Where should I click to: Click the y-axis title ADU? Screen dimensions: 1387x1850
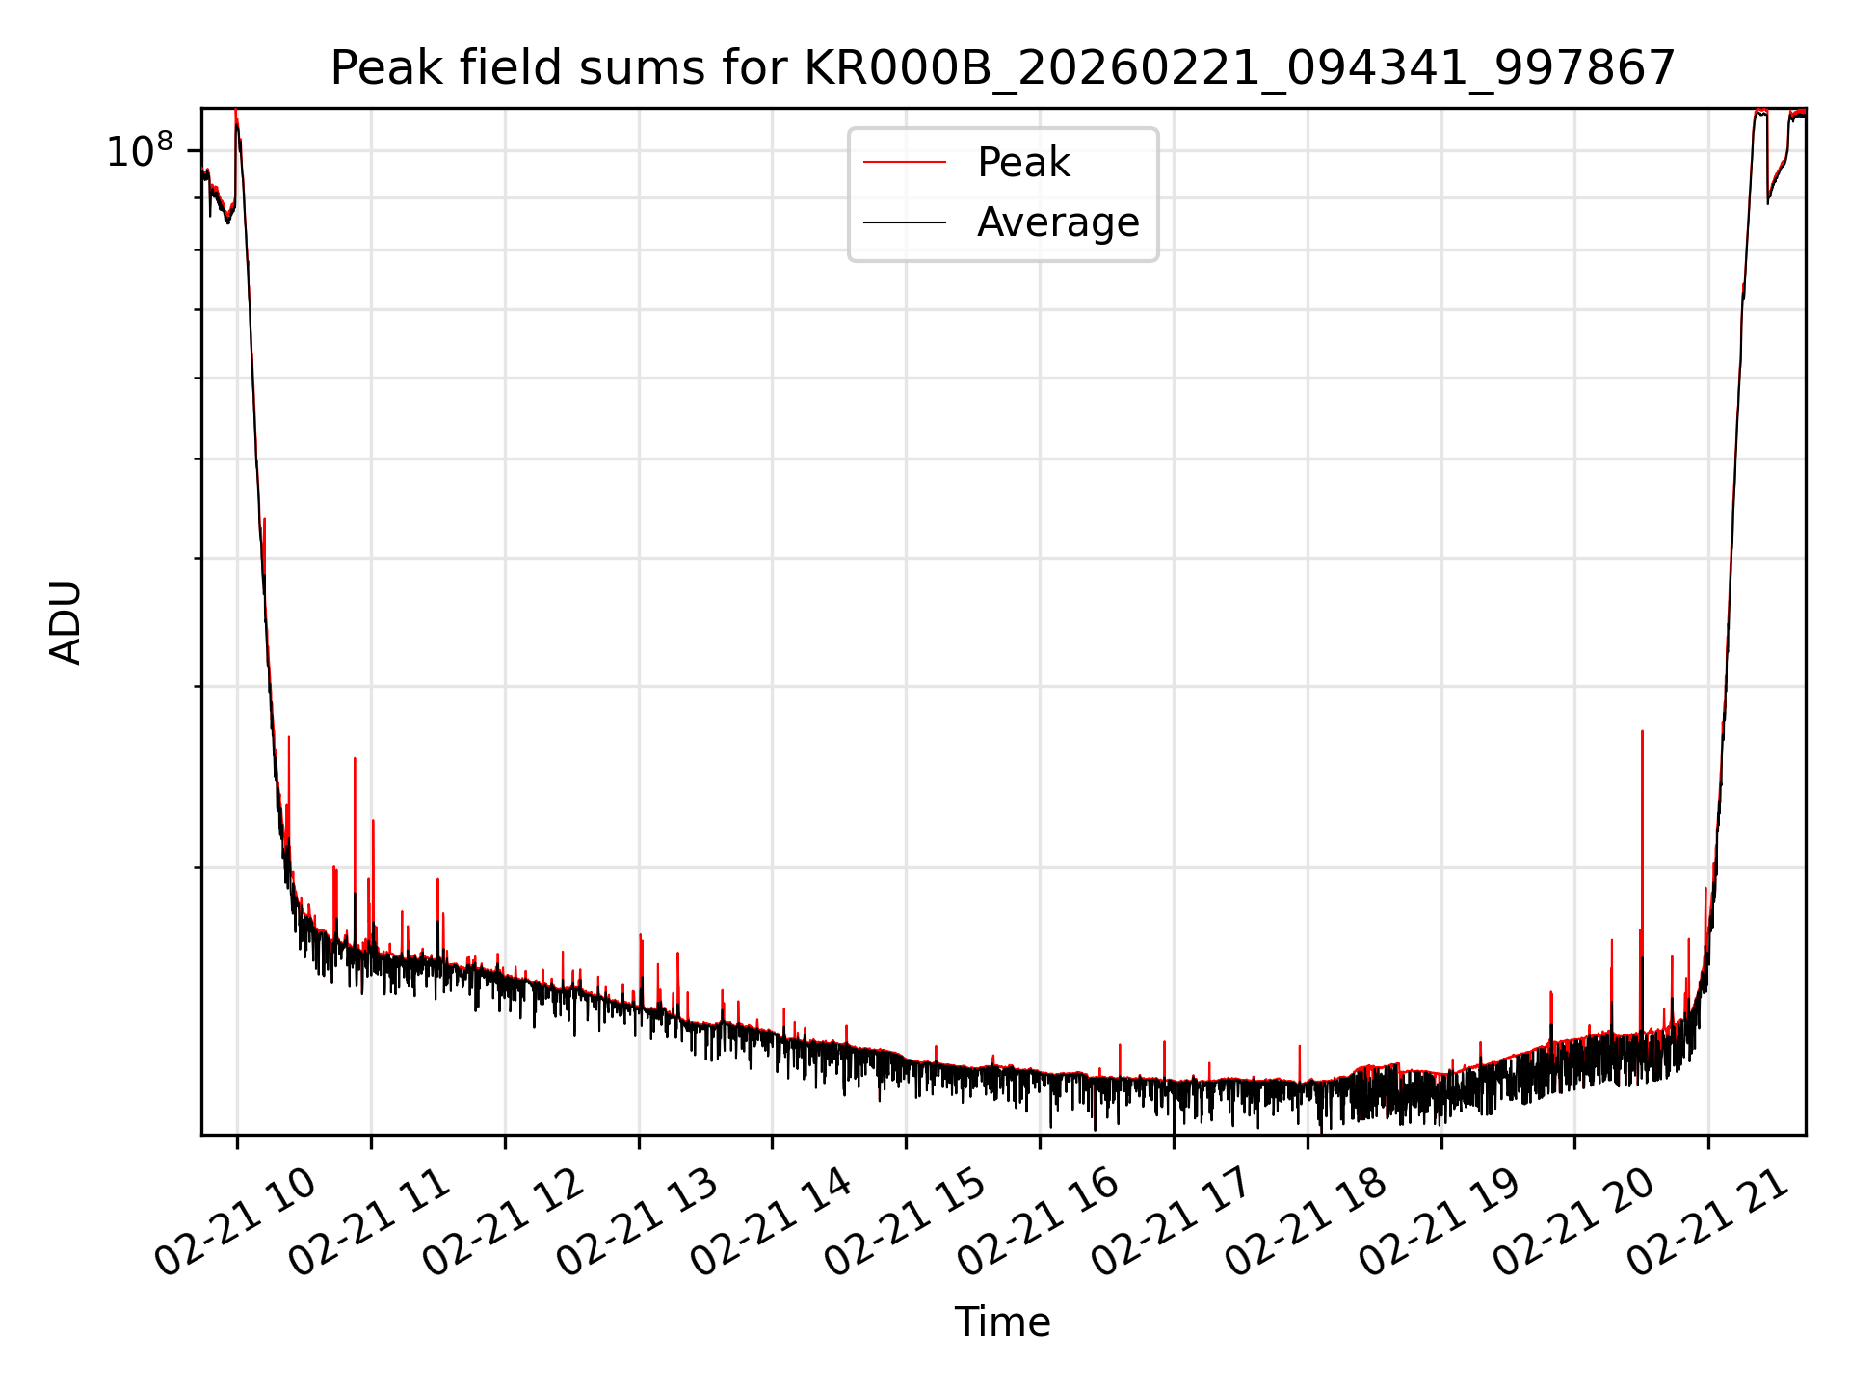point(66,622)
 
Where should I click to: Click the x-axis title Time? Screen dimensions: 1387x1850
point(1002,1322)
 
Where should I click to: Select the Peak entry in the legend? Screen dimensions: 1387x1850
point(1023,163)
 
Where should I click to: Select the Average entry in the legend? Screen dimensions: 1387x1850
point(1057,222)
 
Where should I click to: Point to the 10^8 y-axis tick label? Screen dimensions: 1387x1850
point(139,151)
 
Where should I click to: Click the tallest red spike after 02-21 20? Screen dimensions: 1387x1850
point(1642,734)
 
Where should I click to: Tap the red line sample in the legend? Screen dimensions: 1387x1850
point(904,163)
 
